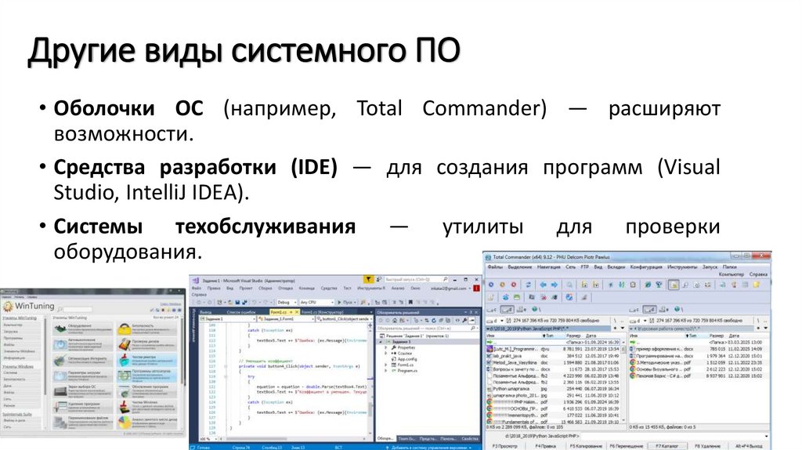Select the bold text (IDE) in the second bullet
(308, 167)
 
